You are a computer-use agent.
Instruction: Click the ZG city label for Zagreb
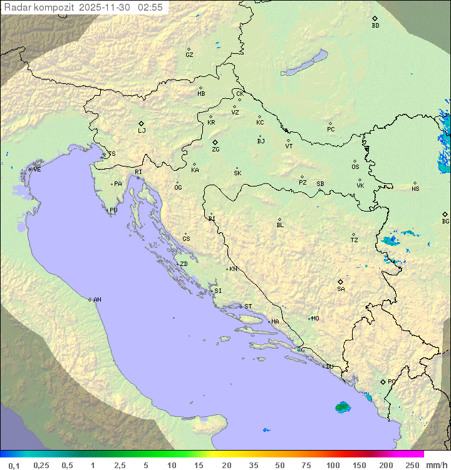(215, 150)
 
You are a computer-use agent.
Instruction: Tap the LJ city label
(142, 131)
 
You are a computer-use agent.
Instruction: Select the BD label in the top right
(375, 26)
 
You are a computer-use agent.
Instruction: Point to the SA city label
(341, 289)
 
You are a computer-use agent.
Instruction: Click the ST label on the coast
(248, 307)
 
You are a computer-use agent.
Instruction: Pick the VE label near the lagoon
(37, 170)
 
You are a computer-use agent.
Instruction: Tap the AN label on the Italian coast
(97, 300)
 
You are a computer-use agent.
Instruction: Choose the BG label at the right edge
(445, 222)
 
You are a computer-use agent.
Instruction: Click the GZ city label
(189, 55)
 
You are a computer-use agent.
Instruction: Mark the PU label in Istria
(113, 210)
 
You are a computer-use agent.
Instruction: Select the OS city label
(355, 167)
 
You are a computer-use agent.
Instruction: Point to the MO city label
(315, 319)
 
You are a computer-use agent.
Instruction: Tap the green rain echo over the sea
(342, 407)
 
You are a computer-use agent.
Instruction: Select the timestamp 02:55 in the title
(150, 8)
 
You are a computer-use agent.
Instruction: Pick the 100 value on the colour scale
(333, 465)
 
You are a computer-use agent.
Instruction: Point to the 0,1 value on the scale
(14, 465)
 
